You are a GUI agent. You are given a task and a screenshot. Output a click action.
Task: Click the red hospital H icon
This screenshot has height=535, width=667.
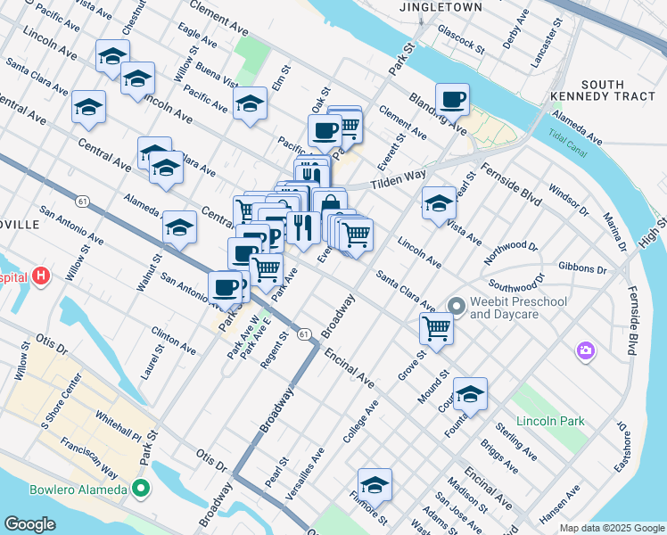tap(40, 276)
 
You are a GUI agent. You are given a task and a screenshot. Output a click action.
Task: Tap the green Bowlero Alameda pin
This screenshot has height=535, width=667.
tap(140, 489)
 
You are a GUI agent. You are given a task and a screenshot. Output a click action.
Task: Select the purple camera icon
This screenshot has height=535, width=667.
tap(586, 350)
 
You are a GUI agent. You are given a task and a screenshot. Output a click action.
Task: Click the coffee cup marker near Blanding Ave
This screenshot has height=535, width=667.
tap(452, 100)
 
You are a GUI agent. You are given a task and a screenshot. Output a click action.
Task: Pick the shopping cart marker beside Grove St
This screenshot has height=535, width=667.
tap(437, 327)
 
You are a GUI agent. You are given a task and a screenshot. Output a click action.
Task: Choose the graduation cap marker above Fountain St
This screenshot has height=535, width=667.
tap(470, 393)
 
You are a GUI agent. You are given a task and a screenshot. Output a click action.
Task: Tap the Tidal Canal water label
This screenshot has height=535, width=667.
tap(568, 145)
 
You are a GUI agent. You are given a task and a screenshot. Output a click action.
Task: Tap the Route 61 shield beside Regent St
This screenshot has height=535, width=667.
tap(304, 333)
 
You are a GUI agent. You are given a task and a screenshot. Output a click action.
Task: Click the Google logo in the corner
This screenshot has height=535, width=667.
tap(29, 524)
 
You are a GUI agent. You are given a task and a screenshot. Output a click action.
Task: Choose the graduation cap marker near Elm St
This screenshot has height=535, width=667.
tap(250, 103)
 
